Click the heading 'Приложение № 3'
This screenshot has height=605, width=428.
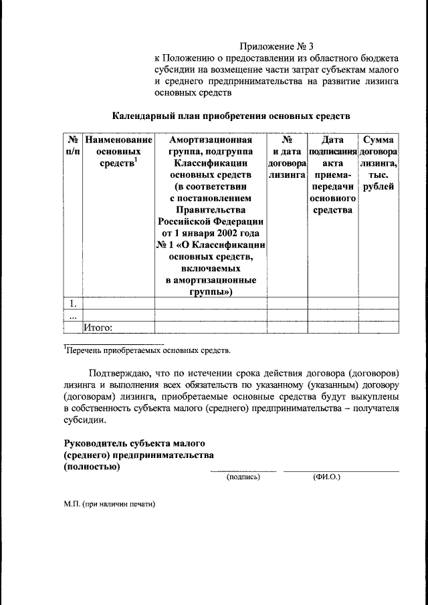click(x=277, y=47)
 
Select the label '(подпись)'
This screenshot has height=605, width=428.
click(x=243, y=477)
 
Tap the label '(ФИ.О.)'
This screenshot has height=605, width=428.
click(x=326, y=477)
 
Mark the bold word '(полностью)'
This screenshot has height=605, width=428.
click(x=92, y=467)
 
